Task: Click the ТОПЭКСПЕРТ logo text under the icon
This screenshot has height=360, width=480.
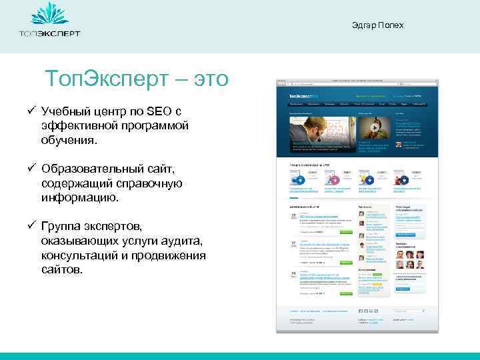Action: [x=49, y=33]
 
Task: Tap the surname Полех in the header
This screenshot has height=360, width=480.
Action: [x=392, y=26]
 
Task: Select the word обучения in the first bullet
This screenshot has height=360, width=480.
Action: [x=69, y=140]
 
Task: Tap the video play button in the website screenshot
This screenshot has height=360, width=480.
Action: [x=375, y=128]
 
